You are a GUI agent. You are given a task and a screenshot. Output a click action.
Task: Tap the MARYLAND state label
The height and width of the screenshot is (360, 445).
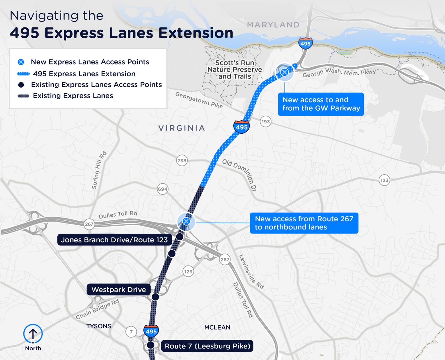pos(273,25)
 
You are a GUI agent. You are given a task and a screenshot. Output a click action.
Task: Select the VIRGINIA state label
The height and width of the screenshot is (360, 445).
pos(182,128)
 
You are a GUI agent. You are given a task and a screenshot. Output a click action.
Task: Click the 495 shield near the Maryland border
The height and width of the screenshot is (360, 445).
pos(305,44)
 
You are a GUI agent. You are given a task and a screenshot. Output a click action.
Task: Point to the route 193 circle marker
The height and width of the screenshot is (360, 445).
pos(266,122)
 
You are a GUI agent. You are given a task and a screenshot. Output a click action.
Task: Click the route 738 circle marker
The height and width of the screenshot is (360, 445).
pos(182,161)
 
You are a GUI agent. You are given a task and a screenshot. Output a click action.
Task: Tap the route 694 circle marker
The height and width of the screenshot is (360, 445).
pos(163,189)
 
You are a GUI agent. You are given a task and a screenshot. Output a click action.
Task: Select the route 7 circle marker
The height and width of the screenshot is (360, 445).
pos(131,332)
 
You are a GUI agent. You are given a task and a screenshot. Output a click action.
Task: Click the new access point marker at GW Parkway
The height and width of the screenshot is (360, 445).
pos(284,72)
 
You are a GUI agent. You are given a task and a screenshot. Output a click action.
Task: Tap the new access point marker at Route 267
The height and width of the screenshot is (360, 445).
pos(186,221)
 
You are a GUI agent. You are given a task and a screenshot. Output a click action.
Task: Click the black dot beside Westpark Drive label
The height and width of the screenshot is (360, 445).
pos(155,297)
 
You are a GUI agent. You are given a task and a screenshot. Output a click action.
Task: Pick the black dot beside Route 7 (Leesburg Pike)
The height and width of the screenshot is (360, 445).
pos(151,345)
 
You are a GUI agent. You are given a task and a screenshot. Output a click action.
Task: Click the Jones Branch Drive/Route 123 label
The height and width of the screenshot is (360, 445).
pos(114,240)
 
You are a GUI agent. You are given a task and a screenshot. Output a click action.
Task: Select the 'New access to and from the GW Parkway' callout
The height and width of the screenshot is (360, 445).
pos(321,104)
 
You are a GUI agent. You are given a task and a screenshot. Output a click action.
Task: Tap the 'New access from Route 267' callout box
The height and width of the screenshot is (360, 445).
pos(304,223)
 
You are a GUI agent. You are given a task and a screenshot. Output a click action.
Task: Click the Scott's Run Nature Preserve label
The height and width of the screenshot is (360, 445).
pos(235,70)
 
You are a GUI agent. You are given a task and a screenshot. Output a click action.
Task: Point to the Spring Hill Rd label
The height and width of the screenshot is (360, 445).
pos(99,170)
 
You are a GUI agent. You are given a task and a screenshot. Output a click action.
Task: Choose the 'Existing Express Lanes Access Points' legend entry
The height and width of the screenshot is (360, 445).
pos(96,85)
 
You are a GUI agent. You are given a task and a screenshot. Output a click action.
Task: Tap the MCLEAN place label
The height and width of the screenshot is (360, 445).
pos(217,327)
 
